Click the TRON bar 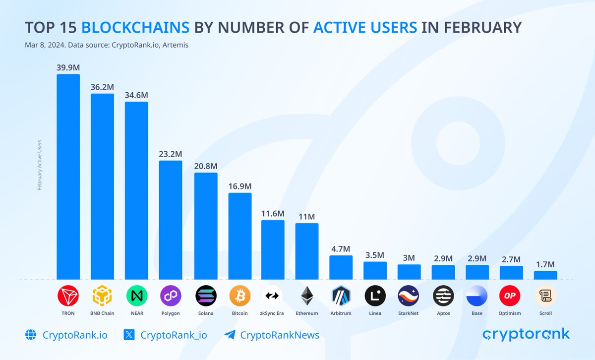click(x=68, y=177)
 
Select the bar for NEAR click(x=136, y=190)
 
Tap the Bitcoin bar click(x=240, y=236)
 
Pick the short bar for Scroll click(x=545, y=275)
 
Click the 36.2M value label click(x=102, y=87)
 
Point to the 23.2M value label click(x=171, y=154)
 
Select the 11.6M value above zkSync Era click(x=273, y=213)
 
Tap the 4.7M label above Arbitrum click(x=341, y=248)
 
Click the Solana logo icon click(x=206, y=296)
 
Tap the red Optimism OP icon click(x=511, y=296)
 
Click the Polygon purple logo click(x=171, y=296)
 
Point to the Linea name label click(x=375, y=313)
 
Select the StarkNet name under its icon click(x=409, y=313)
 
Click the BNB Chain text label click(x=102, y=313)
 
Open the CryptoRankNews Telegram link click(x=280, y=335)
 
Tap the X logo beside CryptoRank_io click(x=129, y=335)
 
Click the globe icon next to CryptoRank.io click(x=31, y=335)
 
